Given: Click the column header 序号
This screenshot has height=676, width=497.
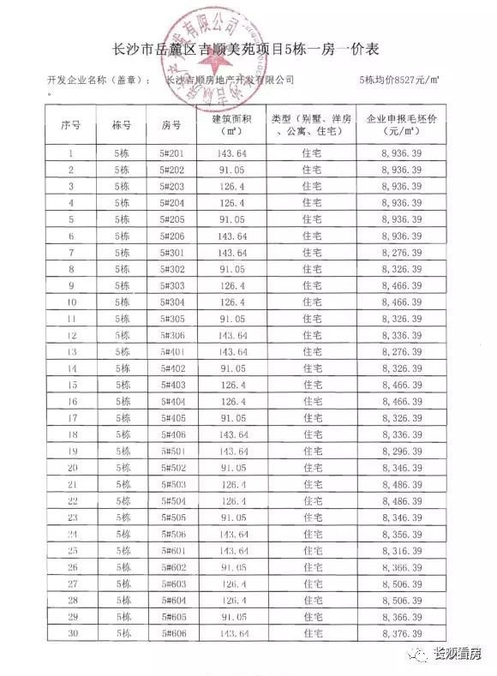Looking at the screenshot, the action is tap(71, 125).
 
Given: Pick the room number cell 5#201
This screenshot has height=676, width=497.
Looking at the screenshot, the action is tap(172, 153).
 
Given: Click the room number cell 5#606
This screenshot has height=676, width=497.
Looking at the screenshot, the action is tap(172, 633).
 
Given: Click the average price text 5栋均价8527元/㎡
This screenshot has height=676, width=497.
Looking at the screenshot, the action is tap(399, 79).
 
